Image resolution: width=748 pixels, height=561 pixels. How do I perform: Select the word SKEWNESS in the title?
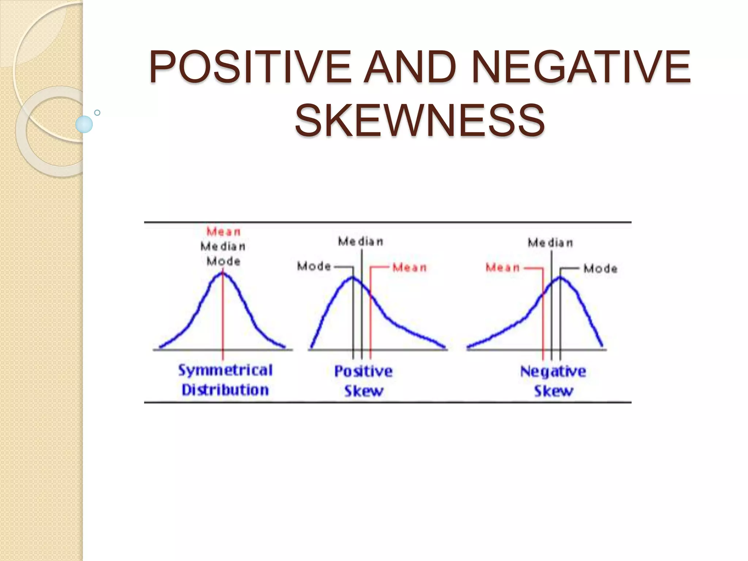pos(420,120)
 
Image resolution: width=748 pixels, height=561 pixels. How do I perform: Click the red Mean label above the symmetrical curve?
pos(224,232)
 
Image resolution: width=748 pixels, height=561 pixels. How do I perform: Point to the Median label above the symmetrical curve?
pos(223,247)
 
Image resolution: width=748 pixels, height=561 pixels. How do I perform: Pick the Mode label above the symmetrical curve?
pos(224,262)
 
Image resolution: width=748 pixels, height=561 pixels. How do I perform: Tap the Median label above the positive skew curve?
pos(360,241)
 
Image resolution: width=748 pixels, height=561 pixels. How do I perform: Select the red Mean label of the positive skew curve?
pos(409,268)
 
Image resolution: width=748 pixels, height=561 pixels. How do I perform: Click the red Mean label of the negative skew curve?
pos(503,268)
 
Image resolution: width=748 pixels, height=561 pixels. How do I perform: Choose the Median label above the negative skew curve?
pos(550,243)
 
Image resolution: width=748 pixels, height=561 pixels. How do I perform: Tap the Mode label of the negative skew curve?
pos(600,269)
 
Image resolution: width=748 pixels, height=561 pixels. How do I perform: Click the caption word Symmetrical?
pos(225,370)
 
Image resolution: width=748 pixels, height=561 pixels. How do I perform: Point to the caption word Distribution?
pos(225,390)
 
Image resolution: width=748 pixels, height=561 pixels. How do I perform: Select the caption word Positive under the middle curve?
pos(363,371)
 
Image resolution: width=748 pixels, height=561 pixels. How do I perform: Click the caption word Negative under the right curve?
pos(553,371)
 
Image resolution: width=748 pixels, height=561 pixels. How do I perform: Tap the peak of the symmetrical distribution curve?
pos(223,272)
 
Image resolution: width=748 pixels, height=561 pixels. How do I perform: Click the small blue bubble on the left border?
pos(84,124)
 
